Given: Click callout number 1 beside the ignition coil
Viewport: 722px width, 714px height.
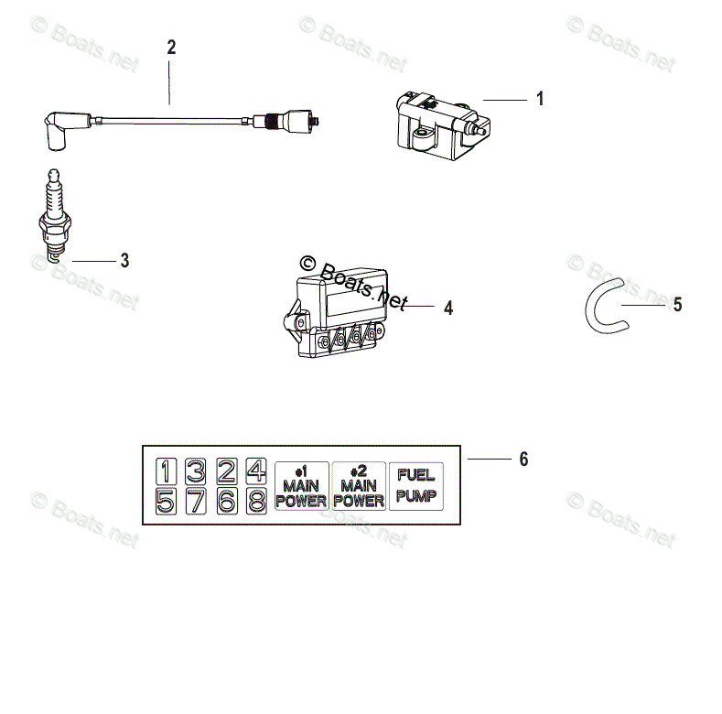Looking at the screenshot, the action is point(540,99).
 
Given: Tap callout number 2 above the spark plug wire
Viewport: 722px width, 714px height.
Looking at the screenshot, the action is point(170,48).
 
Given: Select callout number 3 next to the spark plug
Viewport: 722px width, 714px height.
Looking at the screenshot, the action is point(124,261).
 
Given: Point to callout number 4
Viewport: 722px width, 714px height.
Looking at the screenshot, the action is point(447,308).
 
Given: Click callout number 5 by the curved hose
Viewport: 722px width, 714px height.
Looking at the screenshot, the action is point(677,305).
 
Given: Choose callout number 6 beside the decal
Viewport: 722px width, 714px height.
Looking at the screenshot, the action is point(523,459).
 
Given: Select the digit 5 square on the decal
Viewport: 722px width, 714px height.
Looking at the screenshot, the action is point(166,501).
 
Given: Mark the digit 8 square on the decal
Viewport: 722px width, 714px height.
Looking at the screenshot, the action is point(257,501).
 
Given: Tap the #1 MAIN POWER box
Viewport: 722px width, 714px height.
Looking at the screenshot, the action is point(301,485).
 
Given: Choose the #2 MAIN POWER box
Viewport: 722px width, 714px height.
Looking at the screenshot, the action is point(358,485).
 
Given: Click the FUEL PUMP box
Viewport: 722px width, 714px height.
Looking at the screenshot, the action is point(415,485).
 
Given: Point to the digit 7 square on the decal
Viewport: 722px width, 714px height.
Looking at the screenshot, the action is point(196,501).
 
